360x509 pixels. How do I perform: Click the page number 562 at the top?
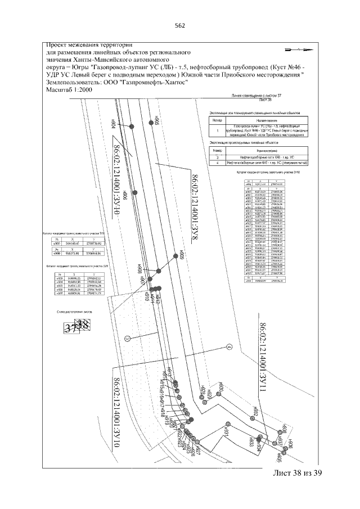180,25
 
